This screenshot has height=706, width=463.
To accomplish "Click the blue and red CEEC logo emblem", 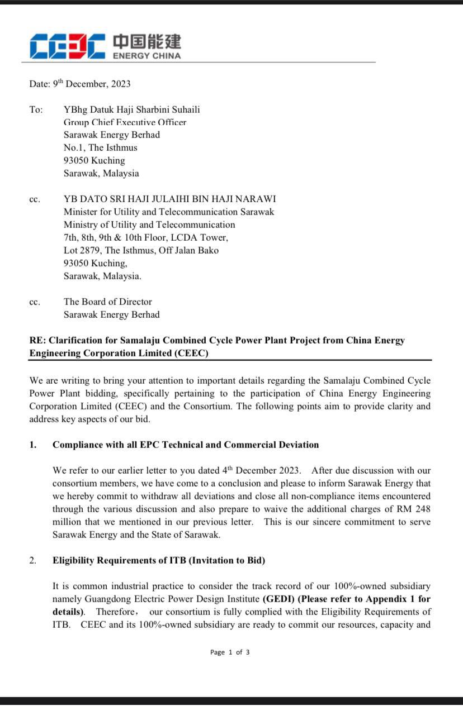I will click(67, 46).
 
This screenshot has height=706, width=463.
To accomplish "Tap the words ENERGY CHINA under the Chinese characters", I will click(147, 56).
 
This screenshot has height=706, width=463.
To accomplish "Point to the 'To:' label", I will click(36, 109).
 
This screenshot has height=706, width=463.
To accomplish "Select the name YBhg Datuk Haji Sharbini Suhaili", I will click(131, 109).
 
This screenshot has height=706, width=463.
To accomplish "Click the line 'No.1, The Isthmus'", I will click(100, 147).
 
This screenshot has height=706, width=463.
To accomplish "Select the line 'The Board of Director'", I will click(107, 302).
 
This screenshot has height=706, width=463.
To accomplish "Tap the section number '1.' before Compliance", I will click(33, 445).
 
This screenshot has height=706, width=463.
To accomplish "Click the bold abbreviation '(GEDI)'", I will click(277, 599).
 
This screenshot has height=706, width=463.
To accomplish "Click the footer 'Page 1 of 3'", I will click(230, 652).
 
